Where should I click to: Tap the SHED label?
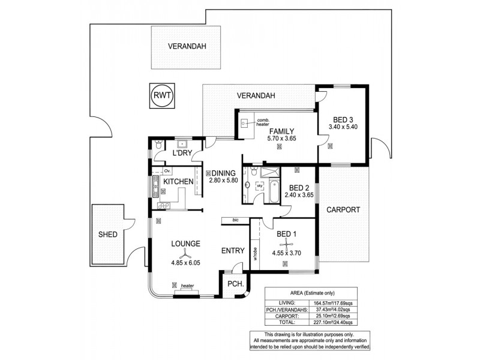click(x=108, y=234)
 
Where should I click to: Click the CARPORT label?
click(x=343, y=210)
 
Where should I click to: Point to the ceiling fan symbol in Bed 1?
click(x=287, y=243)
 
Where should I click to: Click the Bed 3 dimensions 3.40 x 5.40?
click(x=343, y=127)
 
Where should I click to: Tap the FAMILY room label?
click(x=281, y=131)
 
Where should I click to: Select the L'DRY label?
click(x=181, y=154)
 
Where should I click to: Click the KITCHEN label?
click(x=178, y=181)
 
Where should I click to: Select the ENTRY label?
click(x=233, y=251)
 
